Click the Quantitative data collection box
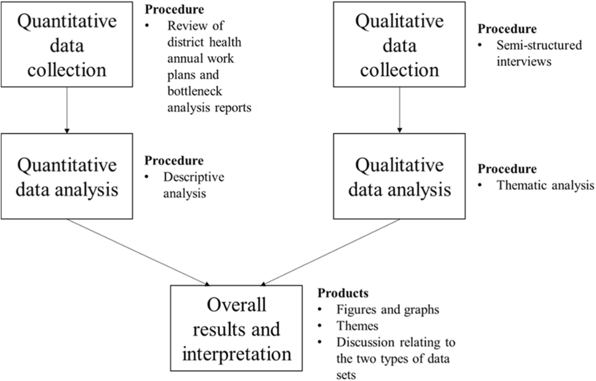click(x=67, y=45)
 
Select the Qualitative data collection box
click(x=399, y=45)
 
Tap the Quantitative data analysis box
click(x=67, y=176)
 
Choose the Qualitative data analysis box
click(x=399, y=176)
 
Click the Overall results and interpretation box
click(x=236, y=328)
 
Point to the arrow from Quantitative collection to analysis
click(x=67, y=110)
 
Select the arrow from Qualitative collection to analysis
click(x=399, y=110)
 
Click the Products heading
click(x=343, y=293)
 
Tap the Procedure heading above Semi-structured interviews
click(x=507, y=29)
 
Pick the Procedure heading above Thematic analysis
click(x=507, y=169)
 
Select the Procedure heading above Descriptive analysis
click(x=174, y=161)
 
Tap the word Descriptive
click(x=194, y=177)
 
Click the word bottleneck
click(x=195, y=91)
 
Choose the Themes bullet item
click(x=357, y=326)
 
